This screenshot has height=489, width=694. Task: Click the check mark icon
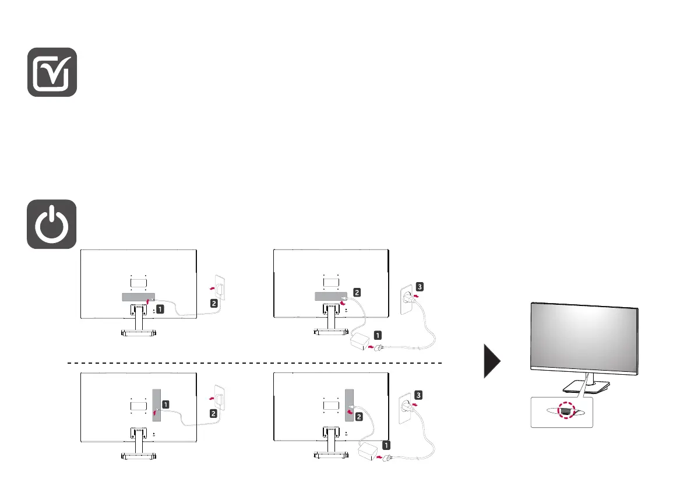(52, 72)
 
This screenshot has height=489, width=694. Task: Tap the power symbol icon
(52, 224)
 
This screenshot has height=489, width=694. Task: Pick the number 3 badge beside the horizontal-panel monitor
(421, 287)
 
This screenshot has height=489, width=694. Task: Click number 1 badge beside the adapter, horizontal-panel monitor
(378, 335)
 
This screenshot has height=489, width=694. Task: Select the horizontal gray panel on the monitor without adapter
(138, 297)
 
